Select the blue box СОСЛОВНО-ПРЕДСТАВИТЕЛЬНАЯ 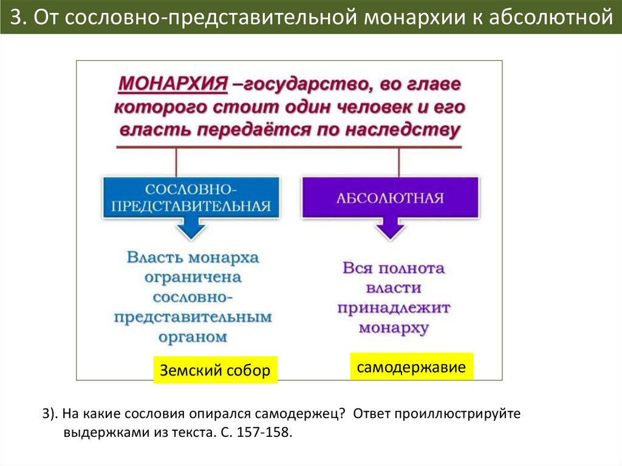(x=191, y=197)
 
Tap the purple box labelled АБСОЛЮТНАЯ (x=390, y=198)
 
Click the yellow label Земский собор (x=214, y=370)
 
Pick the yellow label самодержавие (x=411, y=367)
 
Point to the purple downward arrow (x=389, y=230)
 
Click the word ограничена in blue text (x=193, y=278)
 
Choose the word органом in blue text (x=193, y=336)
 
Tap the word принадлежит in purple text (x=394, y=307)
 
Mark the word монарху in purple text (x=394, y=327)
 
